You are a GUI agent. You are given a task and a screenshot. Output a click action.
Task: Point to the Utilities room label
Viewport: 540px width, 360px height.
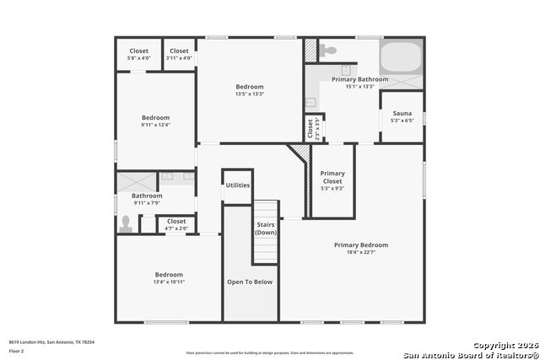(237, 185)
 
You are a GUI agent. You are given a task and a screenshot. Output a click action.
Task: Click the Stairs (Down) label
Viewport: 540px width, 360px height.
(266, 228)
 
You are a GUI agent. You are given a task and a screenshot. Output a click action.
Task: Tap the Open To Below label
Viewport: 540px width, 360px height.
(250, 282)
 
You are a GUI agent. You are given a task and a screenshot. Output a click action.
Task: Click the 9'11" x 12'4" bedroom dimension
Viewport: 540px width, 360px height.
(155, 125)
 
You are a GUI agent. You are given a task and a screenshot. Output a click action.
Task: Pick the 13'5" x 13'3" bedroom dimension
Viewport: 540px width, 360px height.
(250, 94)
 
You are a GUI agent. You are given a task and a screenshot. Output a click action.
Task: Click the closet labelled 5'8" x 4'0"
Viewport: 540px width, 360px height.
(138, 58)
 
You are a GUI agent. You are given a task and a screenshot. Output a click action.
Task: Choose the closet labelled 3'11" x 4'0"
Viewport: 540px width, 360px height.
(180, 58)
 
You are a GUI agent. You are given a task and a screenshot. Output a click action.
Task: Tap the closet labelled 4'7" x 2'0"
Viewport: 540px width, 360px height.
(176, 228)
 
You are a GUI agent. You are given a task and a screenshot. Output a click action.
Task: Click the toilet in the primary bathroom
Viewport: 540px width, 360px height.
(329, 50)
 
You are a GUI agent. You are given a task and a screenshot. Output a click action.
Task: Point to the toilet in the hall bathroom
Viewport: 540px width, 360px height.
(127, 224)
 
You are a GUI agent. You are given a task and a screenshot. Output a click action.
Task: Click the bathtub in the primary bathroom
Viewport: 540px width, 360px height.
(402, 57)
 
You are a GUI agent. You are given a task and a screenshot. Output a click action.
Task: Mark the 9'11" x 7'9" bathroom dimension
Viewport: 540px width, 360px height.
(147, 202)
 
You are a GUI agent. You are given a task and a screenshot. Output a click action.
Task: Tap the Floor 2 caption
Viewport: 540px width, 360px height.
(17, 350)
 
